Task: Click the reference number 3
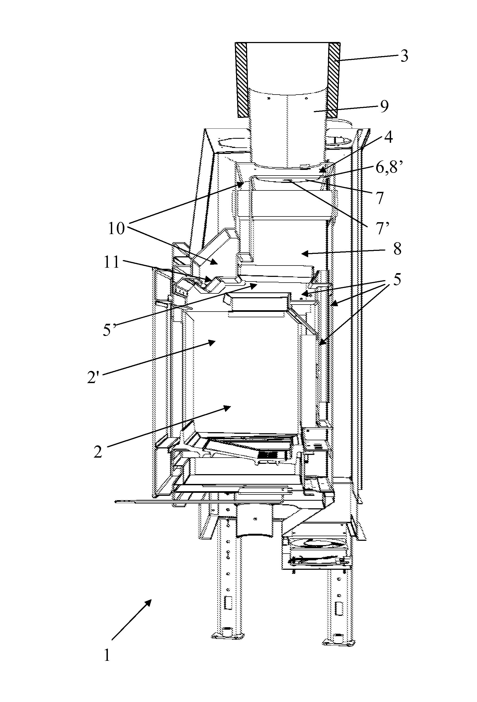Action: [x=404, y=56]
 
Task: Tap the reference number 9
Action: [x=384, y=107]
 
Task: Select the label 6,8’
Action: [x=390, y=167]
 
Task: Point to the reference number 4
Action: [x=388, y=137]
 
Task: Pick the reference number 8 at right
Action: [x=397, y=249]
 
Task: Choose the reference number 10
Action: [x=116, y=229]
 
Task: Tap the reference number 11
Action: [x=111, y=262]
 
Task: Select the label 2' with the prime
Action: [x=93, y=378]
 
